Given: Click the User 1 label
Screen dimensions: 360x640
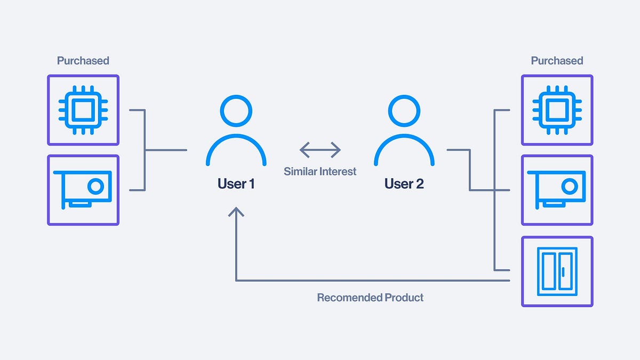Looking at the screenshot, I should coord(236,184).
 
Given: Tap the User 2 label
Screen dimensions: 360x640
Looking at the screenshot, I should coord(404,184).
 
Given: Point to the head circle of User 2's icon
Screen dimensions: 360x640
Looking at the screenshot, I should coord(404,110).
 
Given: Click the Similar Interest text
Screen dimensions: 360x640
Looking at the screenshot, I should coord(320,172).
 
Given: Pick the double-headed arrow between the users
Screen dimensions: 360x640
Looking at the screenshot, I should coord(320,150).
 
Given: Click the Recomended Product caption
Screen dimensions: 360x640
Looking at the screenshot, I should coord(370,298).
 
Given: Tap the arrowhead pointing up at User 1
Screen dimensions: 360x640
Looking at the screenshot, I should coord(236,212).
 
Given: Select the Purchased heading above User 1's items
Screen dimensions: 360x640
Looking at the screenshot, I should coord(83,61).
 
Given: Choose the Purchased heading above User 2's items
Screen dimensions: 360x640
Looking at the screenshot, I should coord(557,61).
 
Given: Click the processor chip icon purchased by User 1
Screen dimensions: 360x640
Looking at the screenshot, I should coord(83,110).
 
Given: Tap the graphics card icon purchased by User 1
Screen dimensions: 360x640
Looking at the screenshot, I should coord(83,190).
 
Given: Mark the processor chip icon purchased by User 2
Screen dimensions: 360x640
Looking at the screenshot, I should coord(557,110).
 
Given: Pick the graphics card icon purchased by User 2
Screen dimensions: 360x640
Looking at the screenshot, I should coord(557,190).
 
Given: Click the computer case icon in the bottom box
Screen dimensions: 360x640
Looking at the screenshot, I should coord(557,271).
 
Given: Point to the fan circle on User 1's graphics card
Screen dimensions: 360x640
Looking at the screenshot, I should coord(95,186).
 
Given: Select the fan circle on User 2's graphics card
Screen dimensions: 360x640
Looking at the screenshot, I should coord(570,186).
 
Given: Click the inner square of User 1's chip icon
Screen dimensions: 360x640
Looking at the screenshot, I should coord(83,110).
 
